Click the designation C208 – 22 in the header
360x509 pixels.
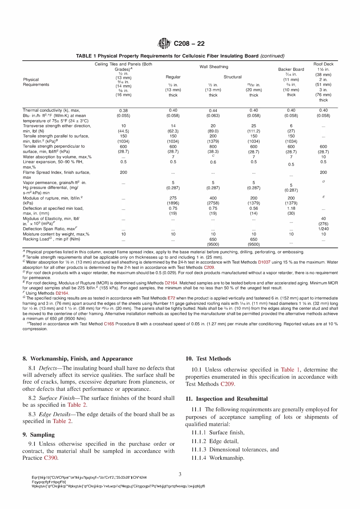189,44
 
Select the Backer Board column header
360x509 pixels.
291,69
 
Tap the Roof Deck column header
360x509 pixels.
323,64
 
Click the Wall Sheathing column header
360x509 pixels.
214,67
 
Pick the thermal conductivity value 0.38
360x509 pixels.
123,111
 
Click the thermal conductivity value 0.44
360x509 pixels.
213,111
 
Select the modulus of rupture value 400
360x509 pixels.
213,198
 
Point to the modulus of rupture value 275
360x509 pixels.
173,198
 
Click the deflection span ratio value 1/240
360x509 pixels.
323,229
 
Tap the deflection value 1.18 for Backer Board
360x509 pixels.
291,208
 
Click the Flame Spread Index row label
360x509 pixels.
56,172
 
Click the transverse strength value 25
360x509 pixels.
254,126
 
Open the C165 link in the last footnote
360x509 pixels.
109,324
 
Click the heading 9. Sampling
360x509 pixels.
38,435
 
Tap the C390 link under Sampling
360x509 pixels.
51,458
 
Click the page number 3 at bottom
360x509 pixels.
180,474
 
